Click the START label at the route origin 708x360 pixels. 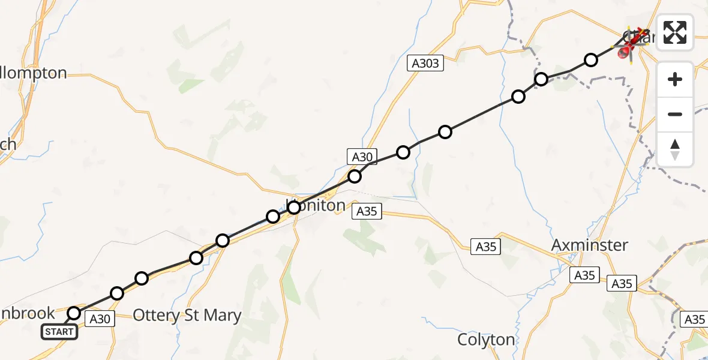point(59,331)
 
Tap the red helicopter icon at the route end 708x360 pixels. point(630,43)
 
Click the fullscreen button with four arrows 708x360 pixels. point(675,32)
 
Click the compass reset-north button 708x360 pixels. point(675,149)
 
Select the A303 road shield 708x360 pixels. point(426,63)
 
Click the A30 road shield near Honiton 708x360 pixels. point(362,157)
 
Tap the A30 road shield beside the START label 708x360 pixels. point(100,319)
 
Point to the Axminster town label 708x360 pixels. point(590,245)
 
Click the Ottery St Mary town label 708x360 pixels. point(187,316)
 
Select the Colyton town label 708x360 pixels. point(486,340)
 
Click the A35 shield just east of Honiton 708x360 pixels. point(367,211)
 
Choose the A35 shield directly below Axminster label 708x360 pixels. point(584,275)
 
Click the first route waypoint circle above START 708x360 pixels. point(74,313)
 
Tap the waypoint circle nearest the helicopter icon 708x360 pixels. point(591,60)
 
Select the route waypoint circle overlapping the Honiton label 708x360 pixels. point(294,208)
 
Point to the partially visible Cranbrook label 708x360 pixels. point(28,313)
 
